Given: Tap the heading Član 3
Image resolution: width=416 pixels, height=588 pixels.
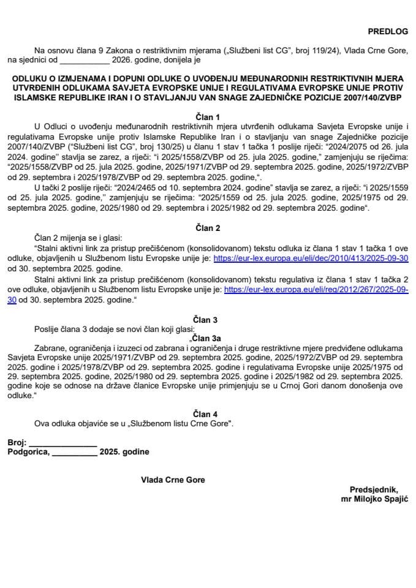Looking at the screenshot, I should click(x=208, y=319).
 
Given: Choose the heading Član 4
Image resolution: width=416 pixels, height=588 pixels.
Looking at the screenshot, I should click(x=208, y=413).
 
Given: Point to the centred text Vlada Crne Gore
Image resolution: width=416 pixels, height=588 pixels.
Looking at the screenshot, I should click(x=173, y=480).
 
